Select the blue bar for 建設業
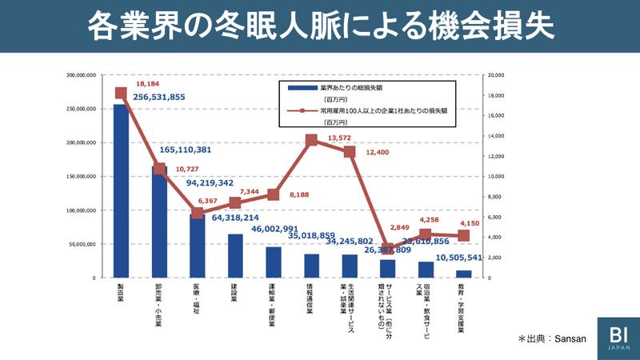(x=235, y=256)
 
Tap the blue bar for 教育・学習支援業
(x=464, y=274)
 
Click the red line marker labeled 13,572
(x=311, y=140)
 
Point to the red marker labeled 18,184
(x=121, y=93)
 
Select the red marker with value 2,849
(x=388, y=249)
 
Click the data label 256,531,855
(x=170, y=97)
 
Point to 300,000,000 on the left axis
(x=79, y=75)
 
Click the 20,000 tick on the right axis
(x=496, y=75)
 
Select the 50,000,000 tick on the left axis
(x=81, y=244)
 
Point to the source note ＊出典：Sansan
(x=552, y=338)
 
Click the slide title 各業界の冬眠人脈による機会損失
(x=320, y=26)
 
